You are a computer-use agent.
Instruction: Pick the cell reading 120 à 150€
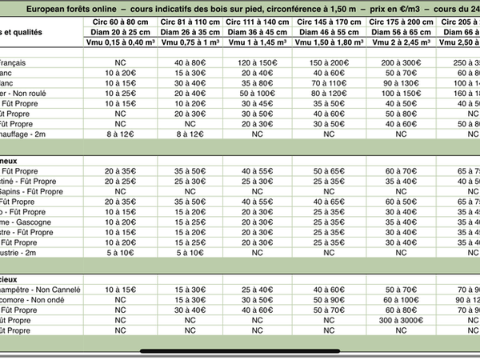point(258,62)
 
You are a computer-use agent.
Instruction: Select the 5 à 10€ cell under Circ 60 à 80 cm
point(120,252)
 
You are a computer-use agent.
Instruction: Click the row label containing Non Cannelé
point(40,288)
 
